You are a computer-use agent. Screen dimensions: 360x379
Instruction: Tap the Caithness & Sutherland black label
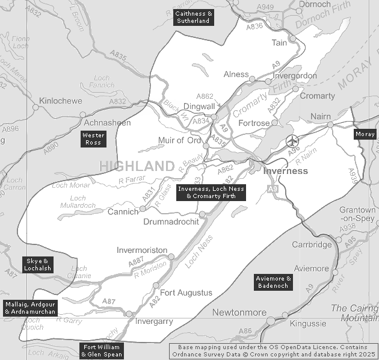[193, 17]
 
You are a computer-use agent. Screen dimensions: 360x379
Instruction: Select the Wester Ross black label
[93, 139]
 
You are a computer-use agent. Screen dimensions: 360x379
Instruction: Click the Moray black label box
[365, 134]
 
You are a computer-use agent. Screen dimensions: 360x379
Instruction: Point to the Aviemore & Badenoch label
[273, 282]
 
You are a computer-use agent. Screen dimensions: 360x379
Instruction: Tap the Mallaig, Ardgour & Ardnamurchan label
[30, 308]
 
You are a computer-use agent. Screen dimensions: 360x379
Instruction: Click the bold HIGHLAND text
[137, 166]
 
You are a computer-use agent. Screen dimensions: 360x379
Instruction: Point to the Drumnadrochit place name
[171, 222]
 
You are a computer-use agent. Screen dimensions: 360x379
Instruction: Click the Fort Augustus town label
[186, 293]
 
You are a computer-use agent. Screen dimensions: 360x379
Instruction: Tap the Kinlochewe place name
[60, 101]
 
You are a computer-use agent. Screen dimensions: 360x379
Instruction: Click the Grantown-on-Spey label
[357, 214]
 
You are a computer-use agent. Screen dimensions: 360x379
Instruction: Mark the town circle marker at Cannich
[143, 209]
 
